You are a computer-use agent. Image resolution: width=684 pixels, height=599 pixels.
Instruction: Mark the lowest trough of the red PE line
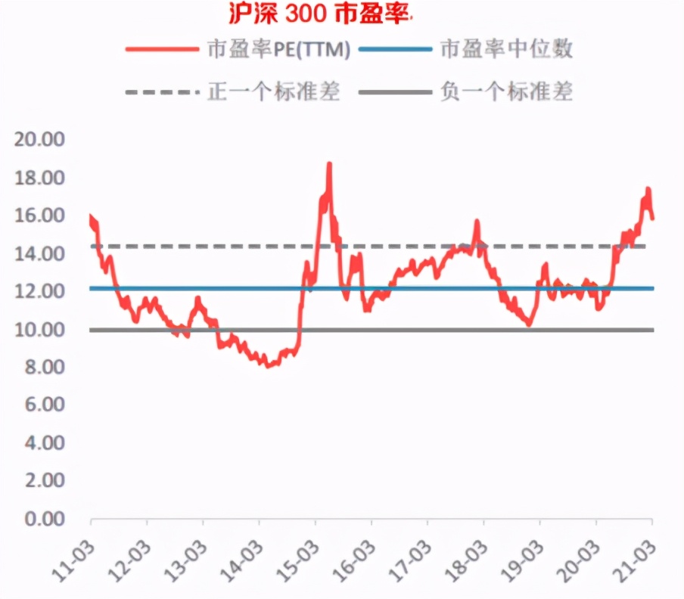coord(268,366)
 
